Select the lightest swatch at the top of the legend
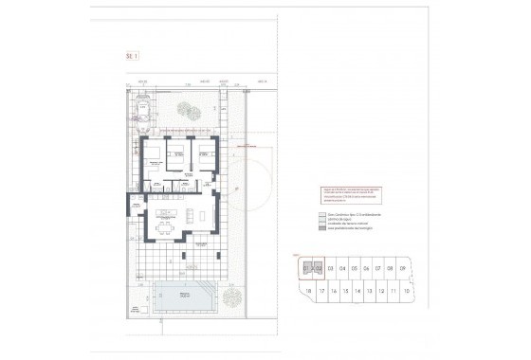coord(320,215)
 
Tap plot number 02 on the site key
coord(319,268)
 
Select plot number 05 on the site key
coord(354,268)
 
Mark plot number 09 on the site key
coord(404,268)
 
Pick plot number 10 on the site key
coord(406,291)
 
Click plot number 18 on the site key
coord(308,291)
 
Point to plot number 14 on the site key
coord(357,291)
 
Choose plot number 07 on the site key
coord(378,268)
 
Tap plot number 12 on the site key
coord(381,291)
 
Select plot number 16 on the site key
coord(333,291)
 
